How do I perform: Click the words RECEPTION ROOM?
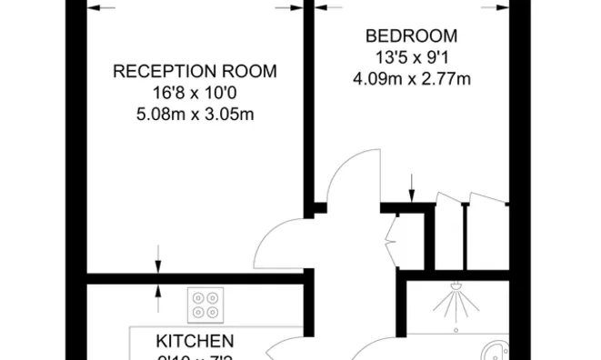pyautogui.click(x=195, y=71)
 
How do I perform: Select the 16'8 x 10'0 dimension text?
pyautogui.click(x=195, y=93)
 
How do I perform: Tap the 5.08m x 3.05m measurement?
pyautogui.click(x=195, y=114)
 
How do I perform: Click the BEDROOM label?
pyautogui.click(x=411, y=36)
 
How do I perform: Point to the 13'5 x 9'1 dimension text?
pyautogui.click(x=411, y=57)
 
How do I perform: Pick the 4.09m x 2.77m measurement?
pyautogui.click(x=411, y=78)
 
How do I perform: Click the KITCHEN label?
pyautogui.click(x=195, y=342)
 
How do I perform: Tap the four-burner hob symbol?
pyautogui.click(x=206, y=304)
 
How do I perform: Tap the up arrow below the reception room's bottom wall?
pyautogui.click(x=158, y=293)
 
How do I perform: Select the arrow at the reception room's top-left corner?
pyautogui.click(x=100, y=7)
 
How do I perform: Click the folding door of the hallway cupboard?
pyautogui.click(x=392, y=239)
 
